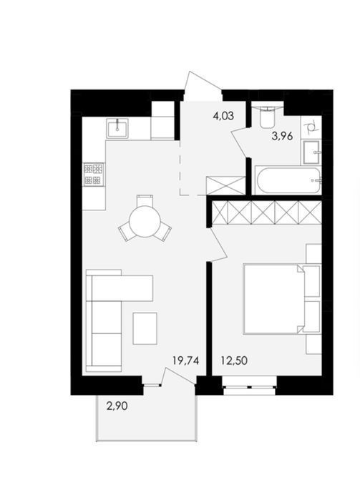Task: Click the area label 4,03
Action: [223, 116]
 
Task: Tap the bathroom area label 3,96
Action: [282, 137]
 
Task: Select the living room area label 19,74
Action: [186, 361]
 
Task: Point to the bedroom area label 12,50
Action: [234, 361]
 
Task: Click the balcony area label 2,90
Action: [117, 406]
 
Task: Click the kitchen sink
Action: [117, 128]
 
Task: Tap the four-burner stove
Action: [94, 174]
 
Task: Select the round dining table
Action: [145, 221]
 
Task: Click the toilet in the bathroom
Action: [268, 118]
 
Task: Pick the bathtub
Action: [288, 180]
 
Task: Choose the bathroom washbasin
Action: [311, 152]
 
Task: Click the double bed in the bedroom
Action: [281, 298]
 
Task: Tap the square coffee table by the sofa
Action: [145, 328]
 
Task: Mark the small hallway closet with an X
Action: [226, 185]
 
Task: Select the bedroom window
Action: [249, 386]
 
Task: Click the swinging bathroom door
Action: [239, 142]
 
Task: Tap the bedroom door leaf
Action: [218, 245]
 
